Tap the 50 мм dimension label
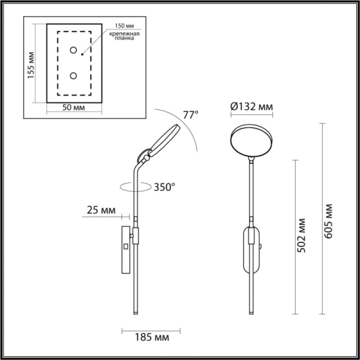pyautogui.click(x=73, y=108)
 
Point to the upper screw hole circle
pyautogui.click(x=73, y=50)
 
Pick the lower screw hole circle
pyautogui.click(x=73, y=76)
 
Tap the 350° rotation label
pyautogui.click(x=163, y=187)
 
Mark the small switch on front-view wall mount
pyautogui.click(x=262, y=246)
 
